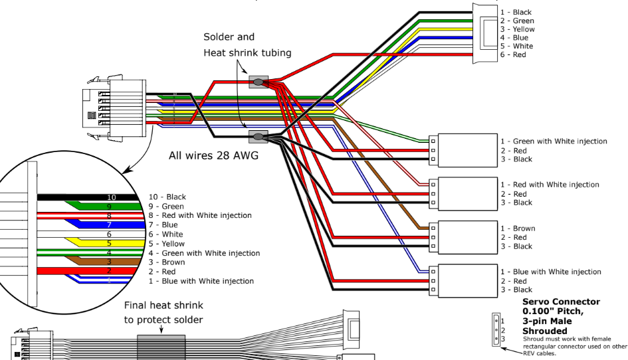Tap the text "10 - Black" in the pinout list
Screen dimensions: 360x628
point(167,197)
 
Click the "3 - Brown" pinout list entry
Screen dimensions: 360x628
point(167,262)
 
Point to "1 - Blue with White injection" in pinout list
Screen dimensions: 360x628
point(201,281)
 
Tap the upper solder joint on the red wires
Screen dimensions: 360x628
point(257,82)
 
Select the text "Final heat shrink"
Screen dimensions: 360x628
point(164,306)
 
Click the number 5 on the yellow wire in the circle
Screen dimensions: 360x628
point(109,244)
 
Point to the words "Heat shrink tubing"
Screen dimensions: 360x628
point(247,53)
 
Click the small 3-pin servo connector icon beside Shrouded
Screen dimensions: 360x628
point(496,330)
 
